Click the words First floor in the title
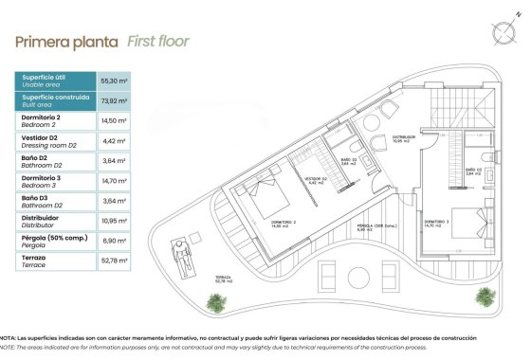click(158, 42)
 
